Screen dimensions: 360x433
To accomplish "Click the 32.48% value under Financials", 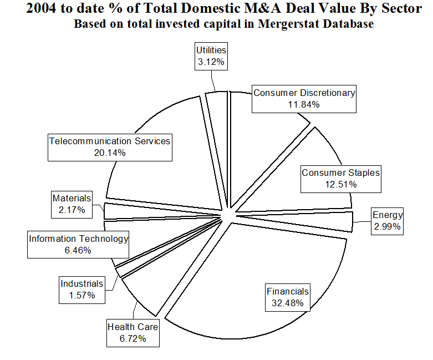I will pyautogui.click(x=288, y=303).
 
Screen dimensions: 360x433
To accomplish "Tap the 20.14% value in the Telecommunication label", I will pyautogui.click(x=110, y=153).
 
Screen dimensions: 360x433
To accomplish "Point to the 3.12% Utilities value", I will pyautogui.click(x=211, y=62).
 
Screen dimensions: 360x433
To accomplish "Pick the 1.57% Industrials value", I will pyautogui.click(x=82, y=295).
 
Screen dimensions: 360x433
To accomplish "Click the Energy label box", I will pyautogui.click(x=388, y=221).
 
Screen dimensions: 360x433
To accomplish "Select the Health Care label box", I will pyautogui.click(x=133, y=332).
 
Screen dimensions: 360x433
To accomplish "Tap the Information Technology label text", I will pyautogui.click(x=79, y=239).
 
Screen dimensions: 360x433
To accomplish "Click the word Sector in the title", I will pyautogui.click(x=404, y=9).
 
